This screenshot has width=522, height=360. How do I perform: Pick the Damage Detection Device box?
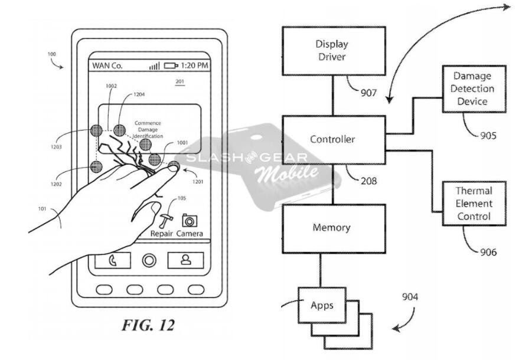(x=474, y=89)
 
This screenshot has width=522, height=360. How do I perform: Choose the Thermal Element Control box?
(x=474, y=204)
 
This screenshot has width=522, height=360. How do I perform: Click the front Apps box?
(x=322, y=305)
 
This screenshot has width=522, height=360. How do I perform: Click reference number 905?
(x=488, y=136)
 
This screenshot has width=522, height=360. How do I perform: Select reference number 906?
(x=488, y=252)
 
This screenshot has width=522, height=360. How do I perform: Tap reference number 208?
(x=368, y=181)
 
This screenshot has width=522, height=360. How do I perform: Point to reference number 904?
(x=410, y=297)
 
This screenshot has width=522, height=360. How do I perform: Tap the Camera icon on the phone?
(x=189, y=221)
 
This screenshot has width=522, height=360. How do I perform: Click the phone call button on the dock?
(x=113, y=260)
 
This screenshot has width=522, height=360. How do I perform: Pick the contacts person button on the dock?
(x=185, y=260)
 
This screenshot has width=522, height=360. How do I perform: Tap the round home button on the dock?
(x=149, y=260)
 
